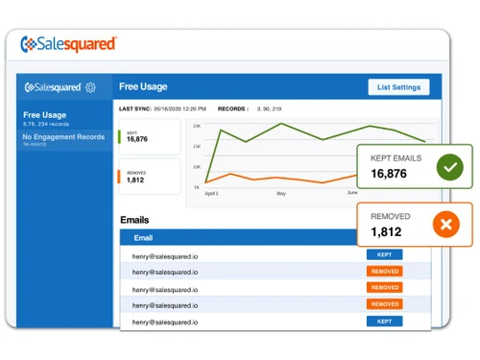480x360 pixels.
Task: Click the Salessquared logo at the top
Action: point(68,43)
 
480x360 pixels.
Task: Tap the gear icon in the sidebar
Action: point(90,87)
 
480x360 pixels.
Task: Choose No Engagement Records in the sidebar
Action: point(63,136)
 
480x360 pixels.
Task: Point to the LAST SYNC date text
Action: point(180,109)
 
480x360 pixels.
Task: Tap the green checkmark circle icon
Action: point(448,168)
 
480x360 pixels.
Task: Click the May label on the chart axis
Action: point(281,193)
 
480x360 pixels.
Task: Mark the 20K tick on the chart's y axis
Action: point(197,126)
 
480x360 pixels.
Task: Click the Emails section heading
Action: point(134,220)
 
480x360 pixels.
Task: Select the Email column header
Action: point(142,237)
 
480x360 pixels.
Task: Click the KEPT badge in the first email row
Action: point(384,254)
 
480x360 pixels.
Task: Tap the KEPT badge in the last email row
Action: point(384,321)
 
